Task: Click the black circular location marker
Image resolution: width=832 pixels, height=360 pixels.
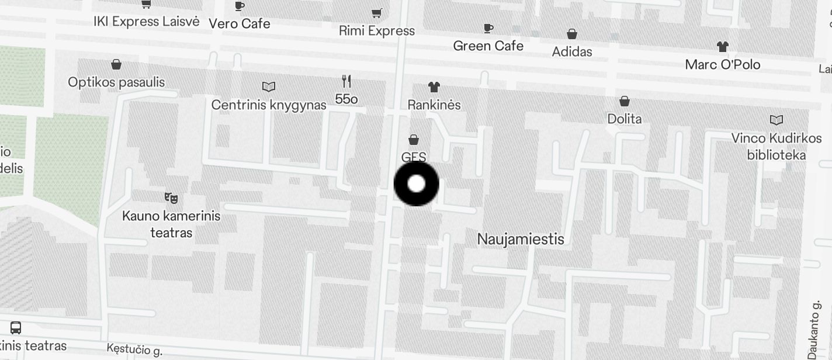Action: [x=416, y=184]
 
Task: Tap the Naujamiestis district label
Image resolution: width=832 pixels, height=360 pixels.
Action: [x=521, y=239]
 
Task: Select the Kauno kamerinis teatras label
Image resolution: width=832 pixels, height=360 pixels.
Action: [x=171, y=224]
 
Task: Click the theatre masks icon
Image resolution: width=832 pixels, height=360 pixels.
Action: [x=171, y=198]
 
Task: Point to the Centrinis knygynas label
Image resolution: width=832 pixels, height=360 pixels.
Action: [x=269, y=105]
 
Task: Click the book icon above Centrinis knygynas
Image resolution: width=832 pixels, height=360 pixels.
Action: [x=269, y=87]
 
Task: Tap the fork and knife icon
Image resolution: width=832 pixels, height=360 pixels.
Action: [x=346, y=81]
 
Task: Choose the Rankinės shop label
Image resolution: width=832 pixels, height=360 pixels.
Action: [x=434, y=105]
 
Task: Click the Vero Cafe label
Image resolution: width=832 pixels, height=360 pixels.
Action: [x=240, y=24]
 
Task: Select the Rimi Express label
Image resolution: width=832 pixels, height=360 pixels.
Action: [x=377, y=31]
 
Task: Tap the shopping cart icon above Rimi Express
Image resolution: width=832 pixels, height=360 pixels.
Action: [x=377, y=13]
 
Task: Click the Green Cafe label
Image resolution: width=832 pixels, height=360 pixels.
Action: [x=488, y=46]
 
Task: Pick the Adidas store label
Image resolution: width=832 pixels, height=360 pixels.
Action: [x=572, y=52]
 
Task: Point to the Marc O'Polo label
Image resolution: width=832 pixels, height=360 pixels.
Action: [x=723, y=64]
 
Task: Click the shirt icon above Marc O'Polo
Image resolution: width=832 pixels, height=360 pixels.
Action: [x=723, y=46]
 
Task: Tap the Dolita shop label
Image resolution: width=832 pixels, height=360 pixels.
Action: [x=625, y=119]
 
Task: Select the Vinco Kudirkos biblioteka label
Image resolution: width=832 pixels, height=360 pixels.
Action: [x=776, y=147]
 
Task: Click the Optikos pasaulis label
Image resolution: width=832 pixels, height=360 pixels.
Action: [x=116, y=82]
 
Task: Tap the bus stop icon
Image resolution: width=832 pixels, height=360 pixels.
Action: [x=16, y=328]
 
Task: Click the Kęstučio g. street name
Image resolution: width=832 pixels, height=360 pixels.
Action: [x=134, y=350]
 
